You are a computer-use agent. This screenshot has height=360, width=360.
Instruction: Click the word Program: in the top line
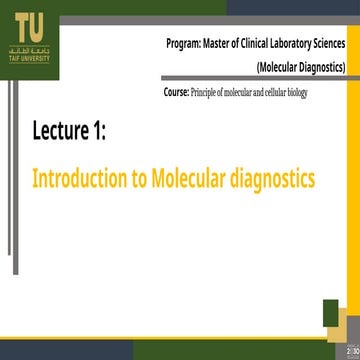click(188, 45)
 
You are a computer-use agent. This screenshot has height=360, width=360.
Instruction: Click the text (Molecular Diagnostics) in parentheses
click(301, 68)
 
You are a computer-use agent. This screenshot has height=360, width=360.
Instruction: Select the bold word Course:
click(176, 92)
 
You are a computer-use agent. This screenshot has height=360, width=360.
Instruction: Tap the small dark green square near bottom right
click(330, 313)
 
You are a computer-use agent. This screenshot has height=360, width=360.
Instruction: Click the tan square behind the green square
click(346, 330)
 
